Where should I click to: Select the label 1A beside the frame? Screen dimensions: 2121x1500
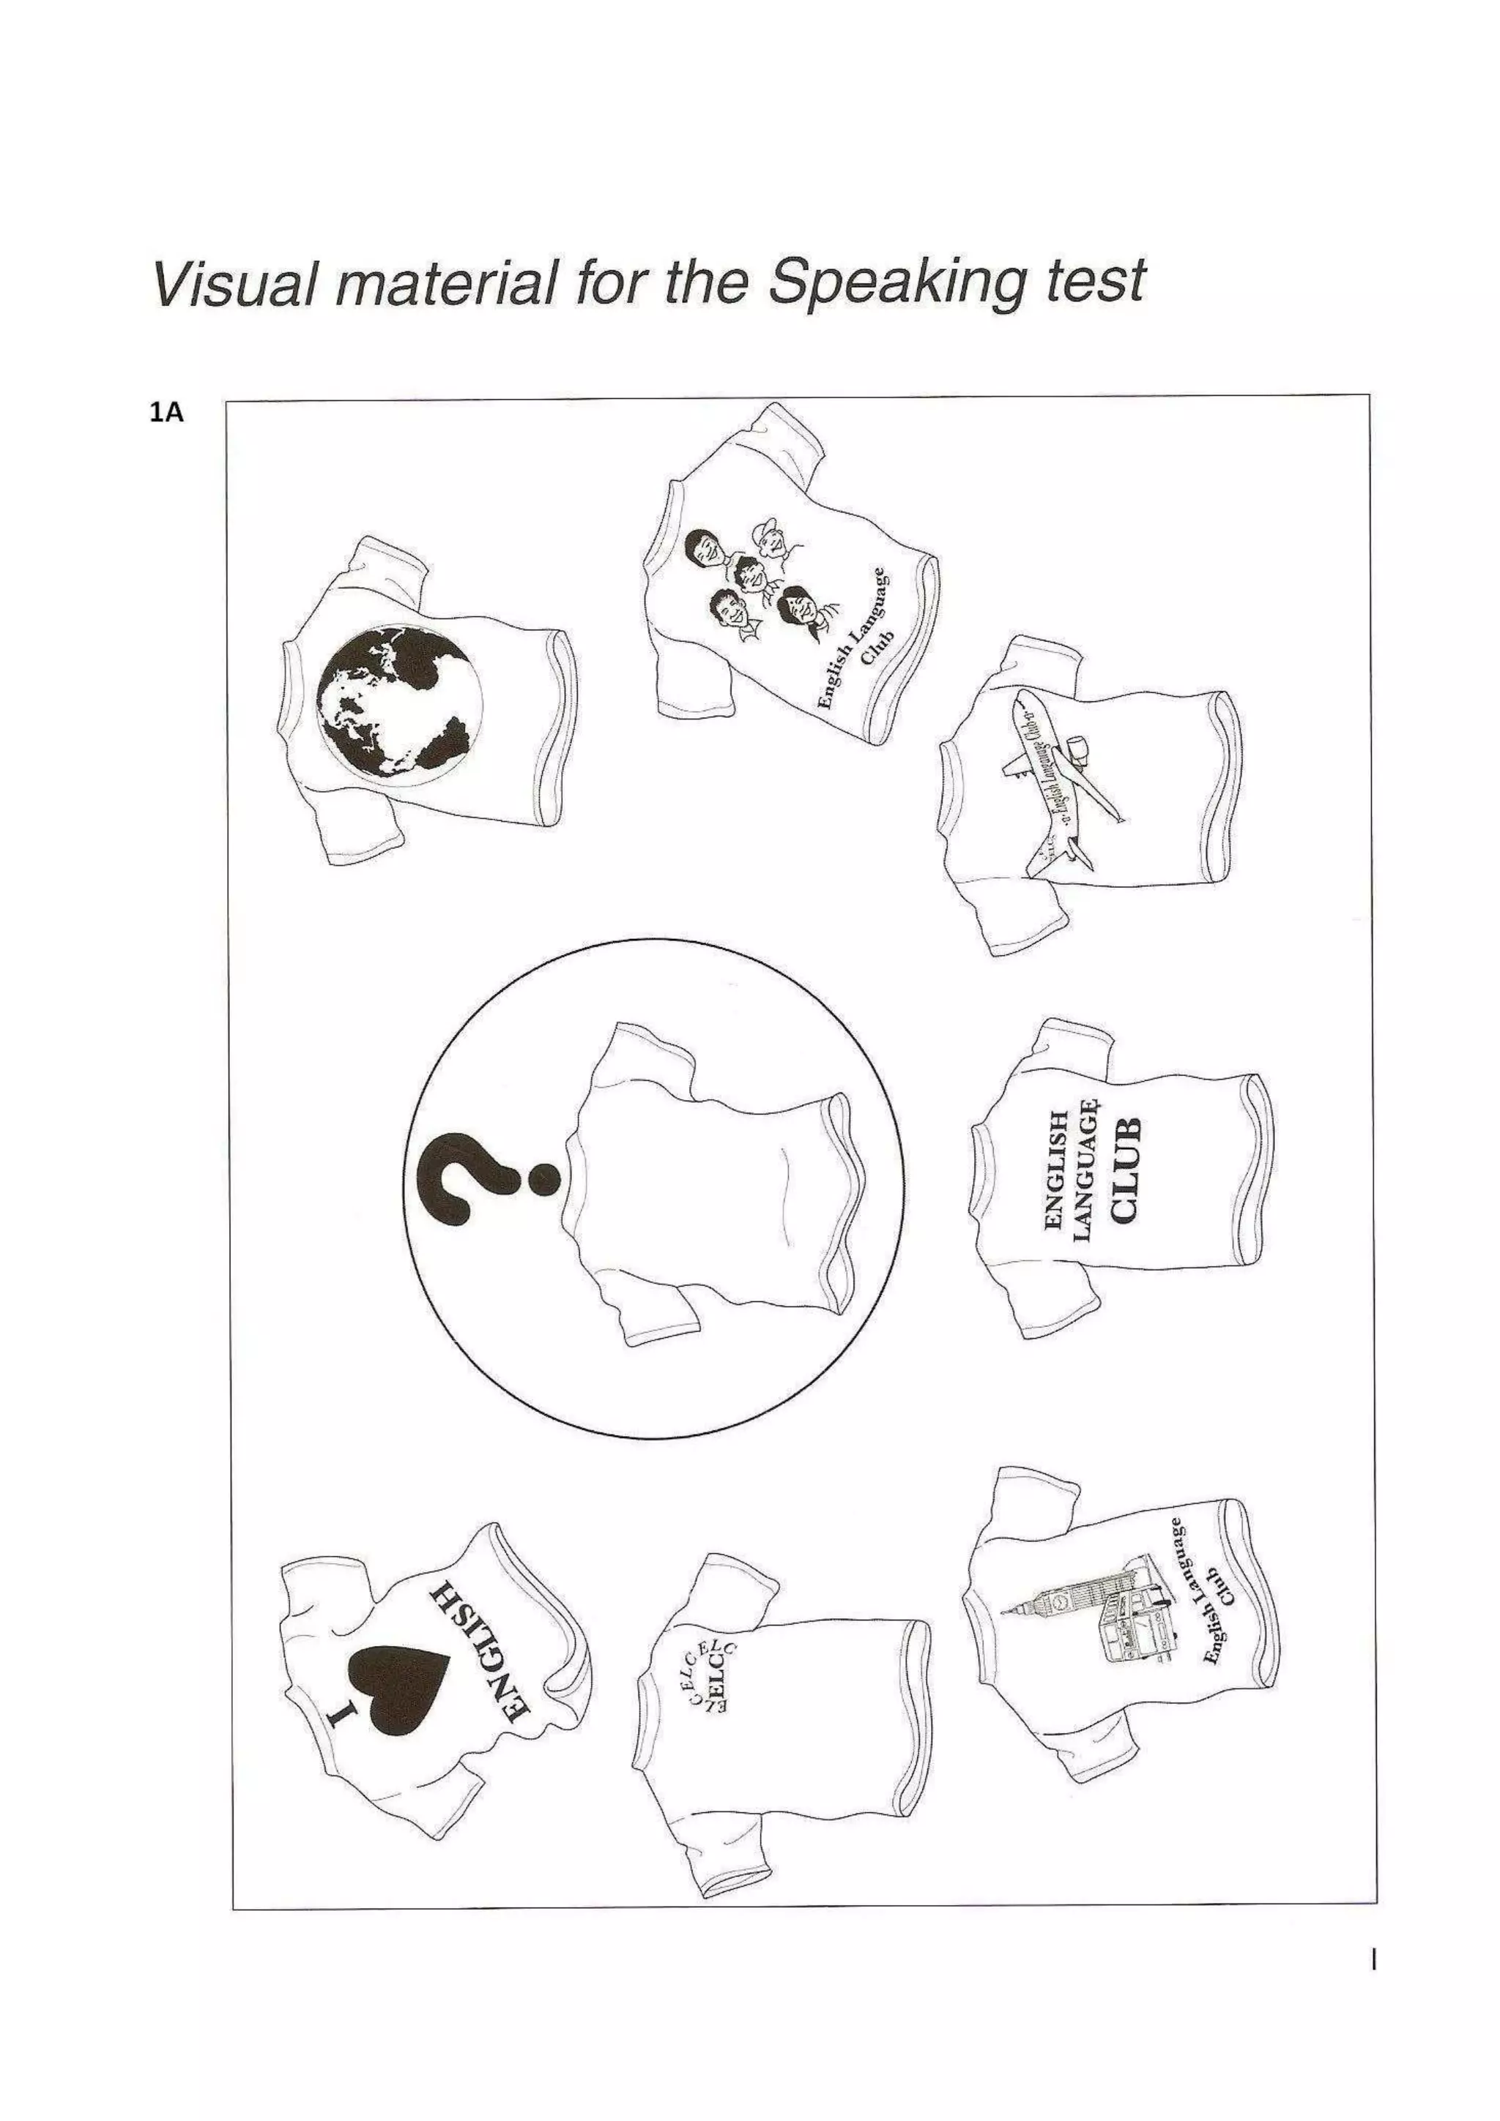tap(166, 413)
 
